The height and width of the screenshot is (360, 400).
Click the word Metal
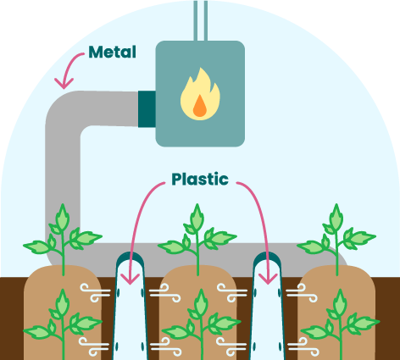coord(112,52)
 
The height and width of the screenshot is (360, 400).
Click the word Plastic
coord(200,179)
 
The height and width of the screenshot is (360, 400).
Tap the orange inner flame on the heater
coord(200,106)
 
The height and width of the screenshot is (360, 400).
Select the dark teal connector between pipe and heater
coord(147,109)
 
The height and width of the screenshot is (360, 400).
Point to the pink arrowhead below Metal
coord(64,83)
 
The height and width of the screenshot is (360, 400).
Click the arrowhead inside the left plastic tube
coord(130,279)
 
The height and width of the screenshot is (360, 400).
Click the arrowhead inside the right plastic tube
coord(268,279)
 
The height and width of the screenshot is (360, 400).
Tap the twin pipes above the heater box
coord(201,20)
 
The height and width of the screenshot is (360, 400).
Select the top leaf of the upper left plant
coord(63,217)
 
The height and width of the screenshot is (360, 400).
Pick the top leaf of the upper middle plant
coord(197,217)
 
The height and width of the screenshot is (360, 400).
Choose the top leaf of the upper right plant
coord(336,217)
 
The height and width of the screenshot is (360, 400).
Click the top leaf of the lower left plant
coord(63,302)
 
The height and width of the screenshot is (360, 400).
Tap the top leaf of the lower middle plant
coord(201,302)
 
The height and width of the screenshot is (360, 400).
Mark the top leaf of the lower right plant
coord(340,302)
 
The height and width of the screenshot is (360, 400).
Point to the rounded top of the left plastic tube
coord(130,258)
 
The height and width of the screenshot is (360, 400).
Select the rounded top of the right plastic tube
coord(267,258)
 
